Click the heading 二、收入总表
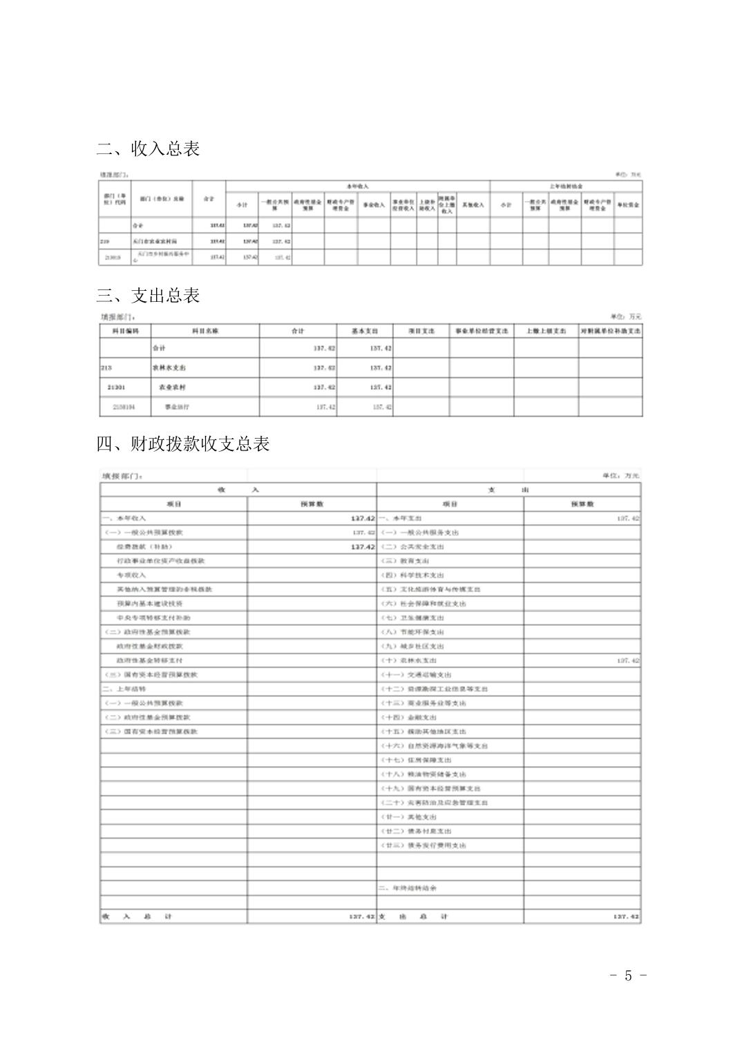[148, 149]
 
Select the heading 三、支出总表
[148, 296]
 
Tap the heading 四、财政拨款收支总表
[182, 444]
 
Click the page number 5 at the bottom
[628, 975]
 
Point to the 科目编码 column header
[126, 332]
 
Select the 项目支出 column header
[421, 332]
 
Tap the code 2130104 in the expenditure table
[124, 408]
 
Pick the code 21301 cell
[120, 388]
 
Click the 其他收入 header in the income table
[473, 205]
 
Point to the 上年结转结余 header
[566, 187]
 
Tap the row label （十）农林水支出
[412, 660]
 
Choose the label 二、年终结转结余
[408, 888]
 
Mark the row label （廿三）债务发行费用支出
[424, 846]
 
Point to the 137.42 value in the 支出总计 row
[626, 917]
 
